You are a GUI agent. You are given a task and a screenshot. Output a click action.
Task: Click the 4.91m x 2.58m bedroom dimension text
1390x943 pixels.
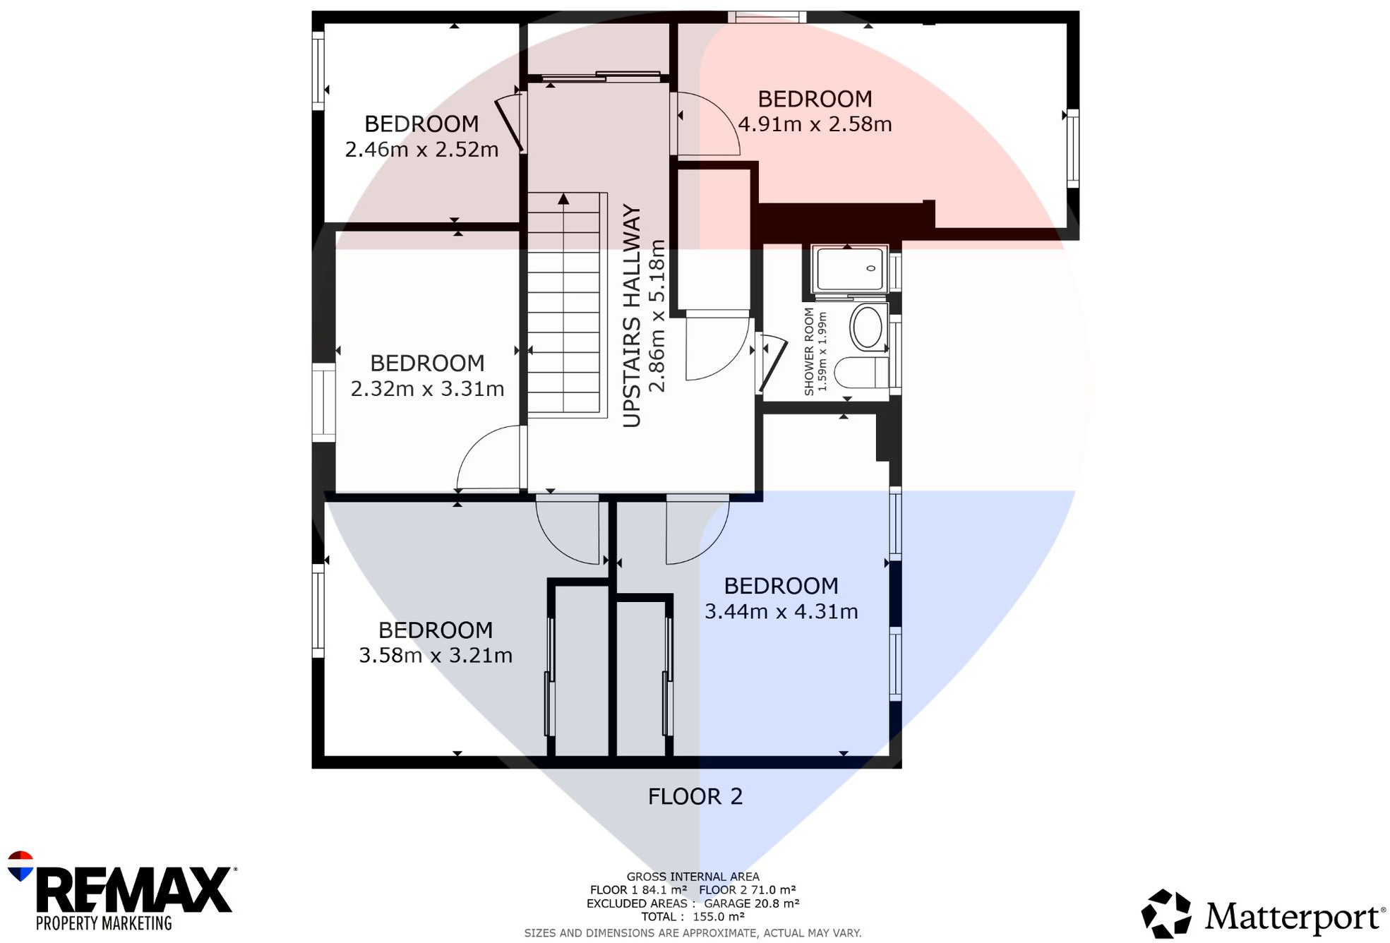[x=815, y=124]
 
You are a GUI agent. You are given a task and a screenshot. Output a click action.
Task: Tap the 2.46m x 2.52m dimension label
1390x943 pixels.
[x=421, y=150]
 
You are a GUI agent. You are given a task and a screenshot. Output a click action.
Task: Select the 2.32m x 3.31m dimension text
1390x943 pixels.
[x=427, y=389]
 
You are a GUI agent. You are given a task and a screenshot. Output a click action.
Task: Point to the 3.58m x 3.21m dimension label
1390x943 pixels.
[x=436, y=656]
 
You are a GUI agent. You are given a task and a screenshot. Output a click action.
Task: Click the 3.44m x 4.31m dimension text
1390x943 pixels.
[x=781, y=611]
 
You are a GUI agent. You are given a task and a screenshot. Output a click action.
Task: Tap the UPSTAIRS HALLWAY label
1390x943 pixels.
[x=632, y=316]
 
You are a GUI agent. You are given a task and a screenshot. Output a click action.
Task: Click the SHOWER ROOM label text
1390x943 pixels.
[x=809, y=351]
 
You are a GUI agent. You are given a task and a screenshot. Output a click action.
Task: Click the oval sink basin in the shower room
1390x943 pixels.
[x=867, y=328]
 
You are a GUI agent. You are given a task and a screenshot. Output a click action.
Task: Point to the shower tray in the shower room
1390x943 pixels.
[x=850, y=269]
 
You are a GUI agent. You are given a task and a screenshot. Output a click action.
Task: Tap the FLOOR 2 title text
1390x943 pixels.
[x=695, y=797]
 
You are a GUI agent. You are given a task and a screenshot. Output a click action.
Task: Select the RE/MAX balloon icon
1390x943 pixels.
[x=20, y=866]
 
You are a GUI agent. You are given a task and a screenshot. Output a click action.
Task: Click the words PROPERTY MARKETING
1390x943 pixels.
[x=104, y=923]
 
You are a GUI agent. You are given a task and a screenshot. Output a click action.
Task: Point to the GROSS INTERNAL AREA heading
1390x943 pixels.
[x=693, y=877]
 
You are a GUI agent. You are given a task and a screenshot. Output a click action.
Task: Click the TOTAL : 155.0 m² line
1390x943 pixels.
[x=693, y=917]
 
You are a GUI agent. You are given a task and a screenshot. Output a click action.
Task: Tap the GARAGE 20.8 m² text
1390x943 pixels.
[x=751, y=903]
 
